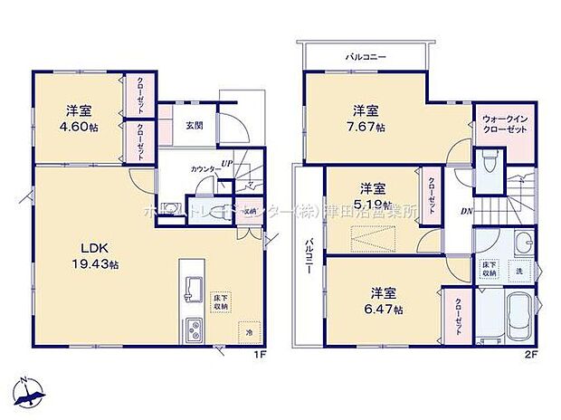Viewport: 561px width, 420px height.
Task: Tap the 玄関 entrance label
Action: tap(195, 126)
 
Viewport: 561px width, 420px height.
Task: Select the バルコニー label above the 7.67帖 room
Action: tap(366, 57)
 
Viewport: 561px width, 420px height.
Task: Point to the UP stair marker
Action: tap(228, 163)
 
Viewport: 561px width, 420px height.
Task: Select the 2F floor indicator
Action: tap(533, 355)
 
